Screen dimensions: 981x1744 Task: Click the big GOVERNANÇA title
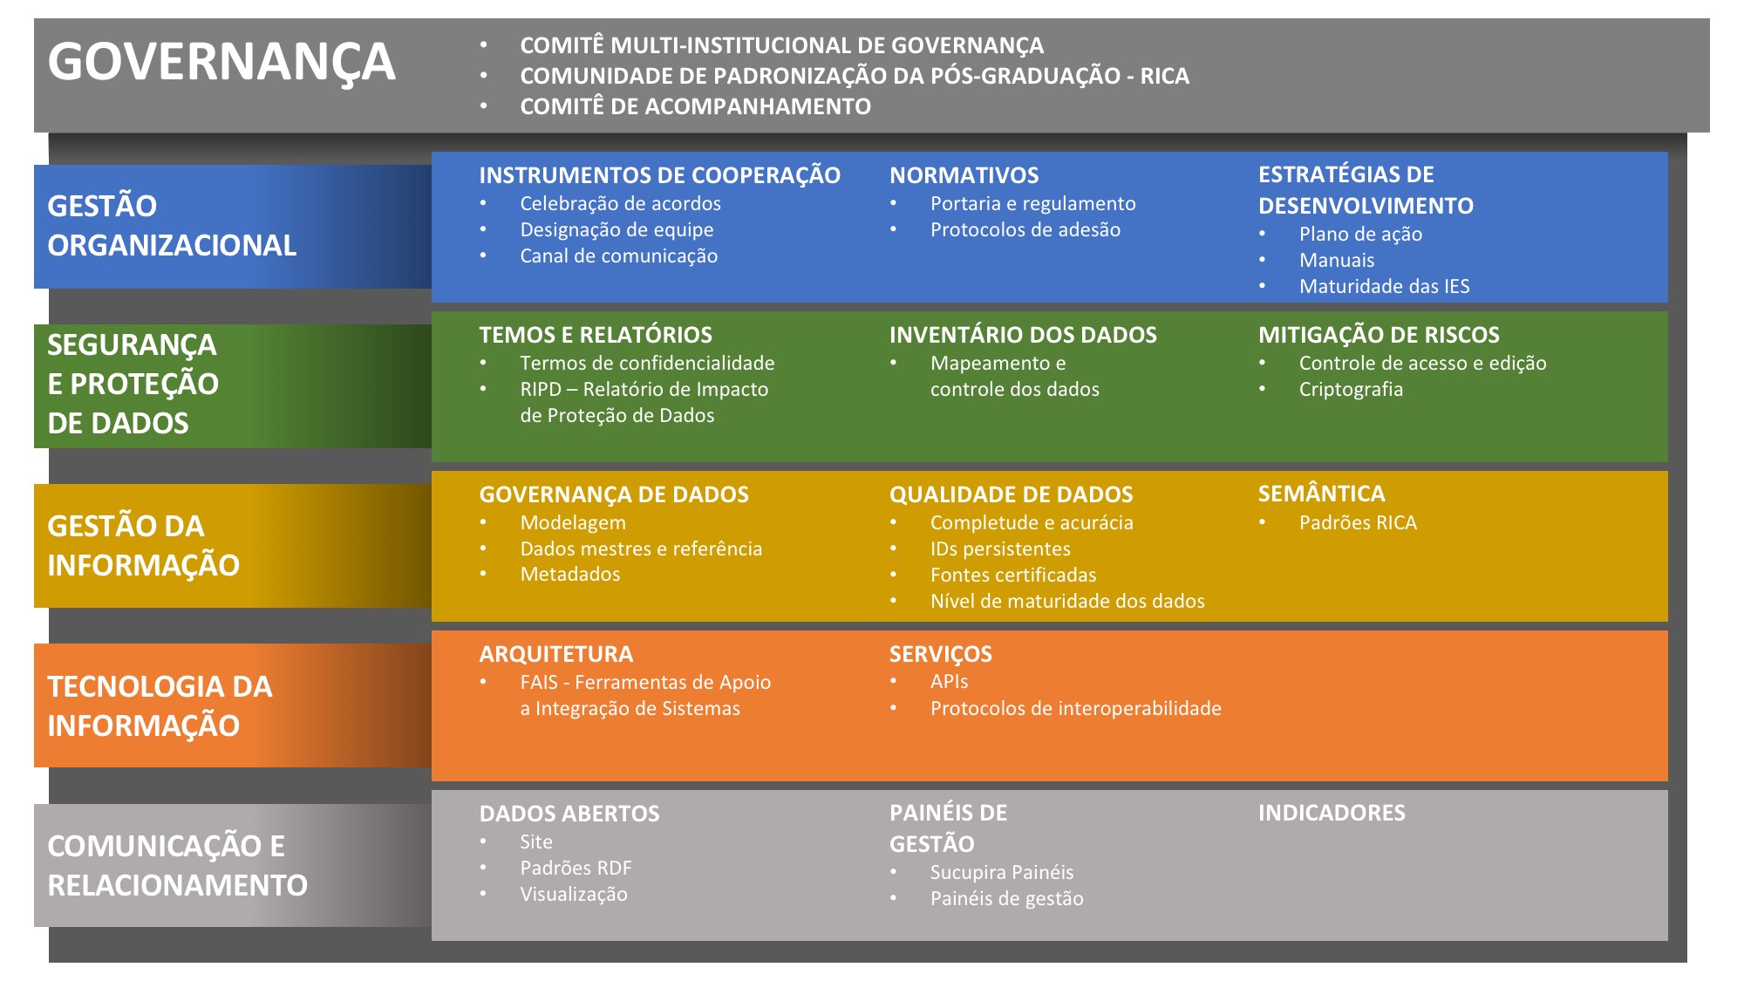click(221, 63)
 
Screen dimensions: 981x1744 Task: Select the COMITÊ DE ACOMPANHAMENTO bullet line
click(695, 106)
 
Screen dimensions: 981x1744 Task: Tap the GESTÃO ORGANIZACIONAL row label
click(172, 226)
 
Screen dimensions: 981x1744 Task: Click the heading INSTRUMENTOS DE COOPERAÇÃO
click(659, 175)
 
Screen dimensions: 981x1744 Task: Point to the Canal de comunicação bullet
click(618, 256)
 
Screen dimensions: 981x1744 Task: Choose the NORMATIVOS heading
click(964, 175)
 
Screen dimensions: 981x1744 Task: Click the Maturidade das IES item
click(1384, 287)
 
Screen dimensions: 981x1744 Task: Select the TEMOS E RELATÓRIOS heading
click(596, 335)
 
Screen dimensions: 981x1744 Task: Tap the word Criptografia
click(1351, 390)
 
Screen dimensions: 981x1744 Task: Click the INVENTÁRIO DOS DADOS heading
click(1023, 335)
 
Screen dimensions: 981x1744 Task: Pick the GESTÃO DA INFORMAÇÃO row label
click(143, 546)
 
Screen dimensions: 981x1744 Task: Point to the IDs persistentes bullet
click(1000, 549)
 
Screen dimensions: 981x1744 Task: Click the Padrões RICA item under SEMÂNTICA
click(1358, 523)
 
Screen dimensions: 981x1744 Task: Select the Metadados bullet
click(570, 575)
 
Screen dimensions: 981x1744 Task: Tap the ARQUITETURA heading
click(556, 654)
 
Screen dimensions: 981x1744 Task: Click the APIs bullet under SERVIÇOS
click(949, 682)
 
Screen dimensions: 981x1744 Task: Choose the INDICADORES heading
click(1332, 813)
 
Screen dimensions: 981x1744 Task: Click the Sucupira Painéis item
click(1001, 873)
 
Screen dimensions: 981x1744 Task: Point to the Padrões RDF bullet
click(576, 869)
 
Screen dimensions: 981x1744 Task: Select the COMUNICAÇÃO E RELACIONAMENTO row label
click(177, 866)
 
